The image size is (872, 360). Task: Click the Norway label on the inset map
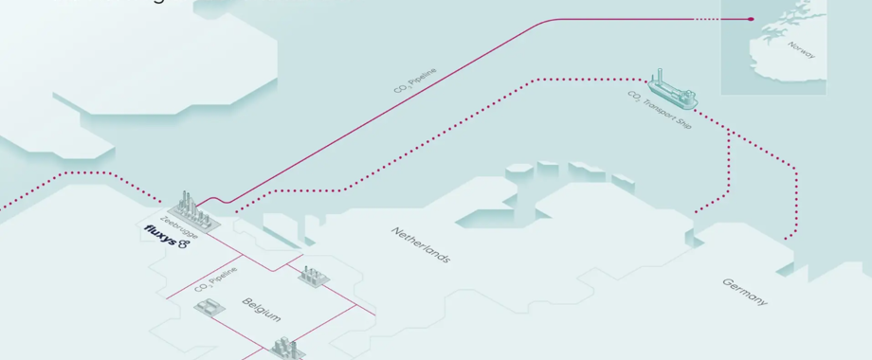pos(801,49)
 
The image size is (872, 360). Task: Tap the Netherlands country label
pos(421,244)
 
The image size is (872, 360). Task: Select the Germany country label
pos(745,291)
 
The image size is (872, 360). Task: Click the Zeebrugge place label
pos(178,228)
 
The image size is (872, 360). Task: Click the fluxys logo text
pos(160,235)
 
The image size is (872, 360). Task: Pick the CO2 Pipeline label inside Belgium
pos(215,274)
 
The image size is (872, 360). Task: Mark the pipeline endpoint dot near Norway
pos(751,19)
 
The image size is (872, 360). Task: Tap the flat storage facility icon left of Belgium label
pos(209,307)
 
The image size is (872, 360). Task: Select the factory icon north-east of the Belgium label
pos(312,276)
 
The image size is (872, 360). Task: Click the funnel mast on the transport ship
pos(660,75)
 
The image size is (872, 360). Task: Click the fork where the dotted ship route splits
pos(728,132)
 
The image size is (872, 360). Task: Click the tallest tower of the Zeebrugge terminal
pos(186,199)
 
